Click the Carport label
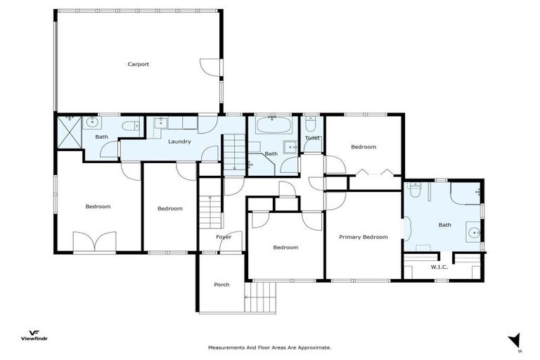click(x=138, y=64)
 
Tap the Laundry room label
click(x=179, y=141)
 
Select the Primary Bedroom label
click(x=363, y=237)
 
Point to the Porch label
click(x=221, y=285)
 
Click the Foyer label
click(x=224, y=237)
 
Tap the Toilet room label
click(x=312, y=138)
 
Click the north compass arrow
click(x=515, y=340)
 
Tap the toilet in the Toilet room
click(x=311, y=123)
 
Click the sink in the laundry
click(x=159, y=124)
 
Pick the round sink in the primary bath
click(x=473, y=233)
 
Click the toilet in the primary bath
click(x=414, y=191)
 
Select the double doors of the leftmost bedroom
click(x=94, y=243)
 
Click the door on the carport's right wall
click(x=211, y=67)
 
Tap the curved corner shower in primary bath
click(x=466, y=193)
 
